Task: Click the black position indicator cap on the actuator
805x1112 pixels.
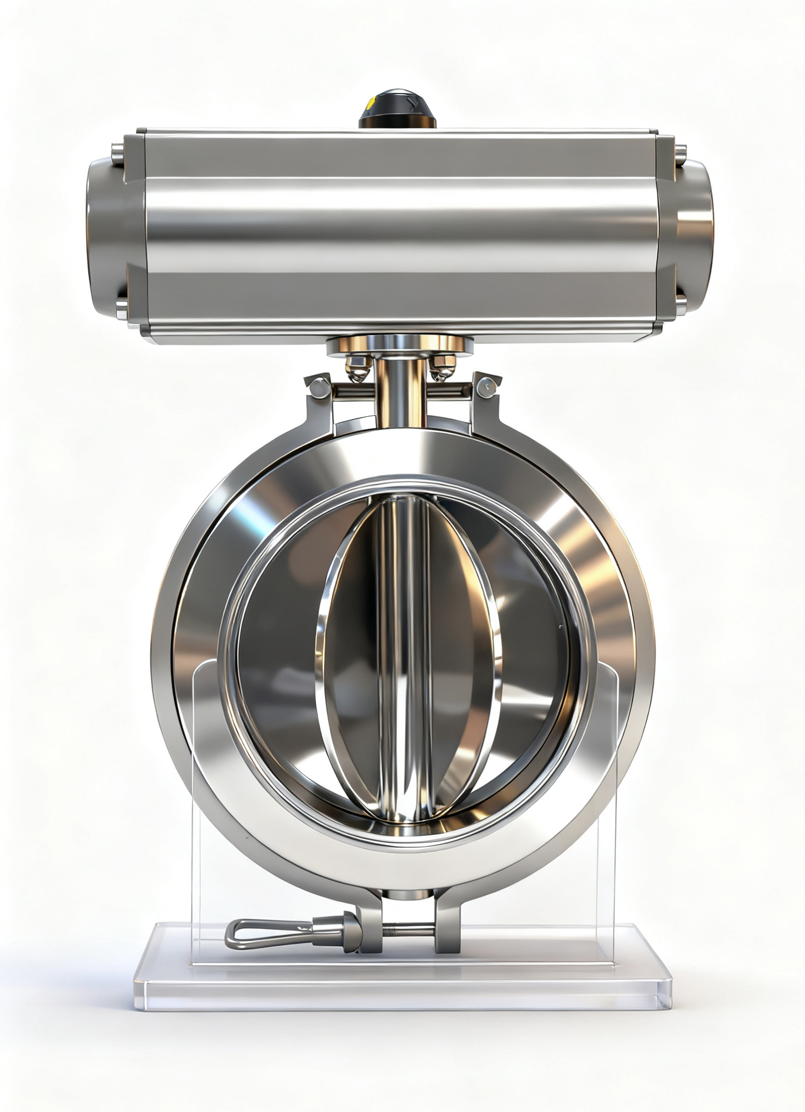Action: pos(397,109)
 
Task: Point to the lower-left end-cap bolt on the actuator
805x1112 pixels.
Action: pos(121,308)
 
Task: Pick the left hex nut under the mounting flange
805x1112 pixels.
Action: pos(358,365)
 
